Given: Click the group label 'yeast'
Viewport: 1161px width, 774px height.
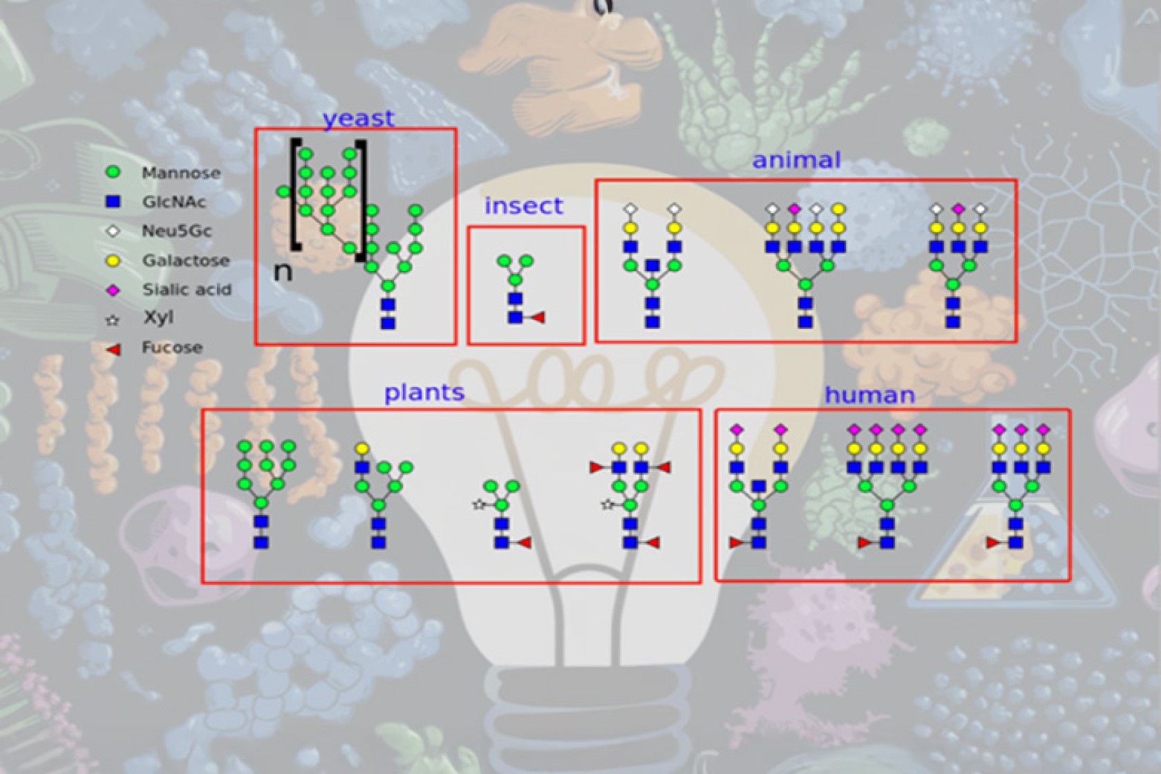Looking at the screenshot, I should (358, 118).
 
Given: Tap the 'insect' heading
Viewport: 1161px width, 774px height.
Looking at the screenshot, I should (523, 206).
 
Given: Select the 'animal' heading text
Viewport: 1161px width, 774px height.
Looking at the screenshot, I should (796, 160).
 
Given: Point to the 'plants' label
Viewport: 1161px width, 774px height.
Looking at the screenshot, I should (424, 393).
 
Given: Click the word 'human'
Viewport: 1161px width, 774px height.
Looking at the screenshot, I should (869, 395).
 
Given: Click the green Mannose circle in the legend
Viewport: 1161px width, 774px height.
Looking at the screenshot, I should (113, 172).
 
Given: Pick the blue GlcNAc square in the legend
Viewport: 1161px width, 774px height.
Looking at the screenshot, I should (113, 201).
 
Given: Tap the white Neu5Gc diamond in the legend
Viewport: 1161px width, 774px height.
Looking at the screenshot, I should (113, 231).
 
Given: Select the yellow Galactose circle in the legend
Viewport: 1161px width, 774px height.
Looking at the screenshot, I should (113, 261).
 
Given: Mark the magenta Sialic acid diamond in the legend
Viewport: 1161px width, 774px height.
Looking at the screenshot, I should (113, 290).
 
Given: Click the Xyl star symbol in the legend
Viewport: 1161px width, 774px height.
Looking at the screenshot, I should (113, 320).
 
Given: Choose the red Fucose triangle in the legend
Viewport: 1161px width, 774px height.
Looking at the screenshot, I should (113, 349).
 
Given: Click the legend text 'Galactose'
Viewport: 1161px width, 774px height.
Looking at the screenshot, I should (185, 261).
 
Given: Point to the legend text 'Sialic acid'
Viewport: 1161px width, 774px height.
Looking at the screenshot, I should (187, 290).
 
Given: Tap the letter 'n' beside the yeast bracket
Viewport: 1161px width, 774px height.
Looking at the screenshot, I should (283, 272).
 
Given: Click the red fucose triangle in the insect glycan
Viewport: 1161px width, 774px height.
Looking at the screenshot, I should (538, 317).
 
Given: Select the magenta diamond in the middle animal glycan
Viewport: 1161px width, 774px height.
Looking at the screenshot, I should (794, 209).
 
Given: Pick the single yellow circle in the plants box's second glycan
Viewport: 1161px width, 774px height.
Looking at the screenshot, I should (361, 449).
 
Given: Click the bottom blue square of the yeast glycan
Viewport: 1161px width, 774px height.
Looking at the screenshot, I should (388, 323).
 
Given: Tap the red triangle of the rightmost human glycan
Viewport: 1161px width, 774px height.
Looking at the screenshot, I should (993, 543).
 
